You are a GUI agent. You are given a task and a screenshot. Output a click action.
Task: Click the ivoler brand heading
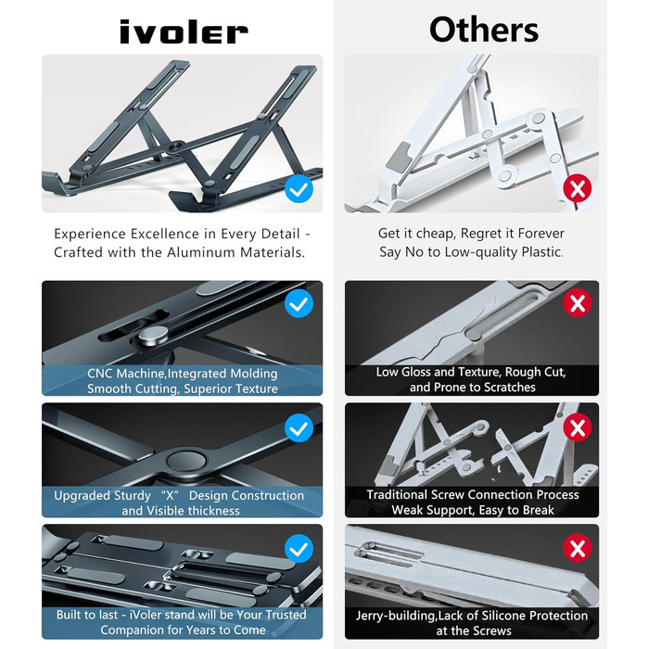[x=184, y=32]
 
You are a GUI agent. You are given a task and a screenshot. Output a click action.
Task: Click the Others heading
[x=484, y=30]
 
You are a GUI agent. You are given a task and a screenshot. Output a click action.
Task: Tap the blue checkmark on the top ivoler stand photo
[x=299, y=189]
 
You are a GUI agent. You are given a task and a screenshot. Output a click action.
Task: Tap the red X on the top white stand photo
[x=578, y=188]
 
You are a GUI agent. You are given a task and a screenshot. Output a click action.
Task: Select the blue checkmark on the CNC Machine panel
[x=299, y=303]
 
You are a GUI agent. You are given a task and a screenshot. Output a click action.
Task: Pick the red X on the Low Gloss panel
[x=578, y=303]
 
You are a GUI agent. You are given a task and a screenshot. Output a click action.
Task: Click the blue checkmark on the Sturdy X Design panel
[x=299, y=428]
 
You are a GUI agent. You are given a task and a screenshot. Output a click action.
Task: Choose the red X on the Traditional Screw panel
[x=578, y=427]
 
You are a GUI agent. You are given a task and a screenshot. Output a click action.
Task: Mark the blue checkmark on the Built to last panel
[x=299, y=549]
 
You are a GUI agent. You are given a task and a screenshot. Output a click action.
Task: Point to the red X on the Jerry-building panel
[x=578, y=548]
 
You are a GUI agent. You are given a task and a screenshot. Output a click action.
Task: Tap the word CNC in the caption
[x=100, y=374]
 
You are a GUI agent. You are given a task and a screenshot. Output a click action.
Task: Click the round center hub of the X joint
[x=185, y=461]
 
